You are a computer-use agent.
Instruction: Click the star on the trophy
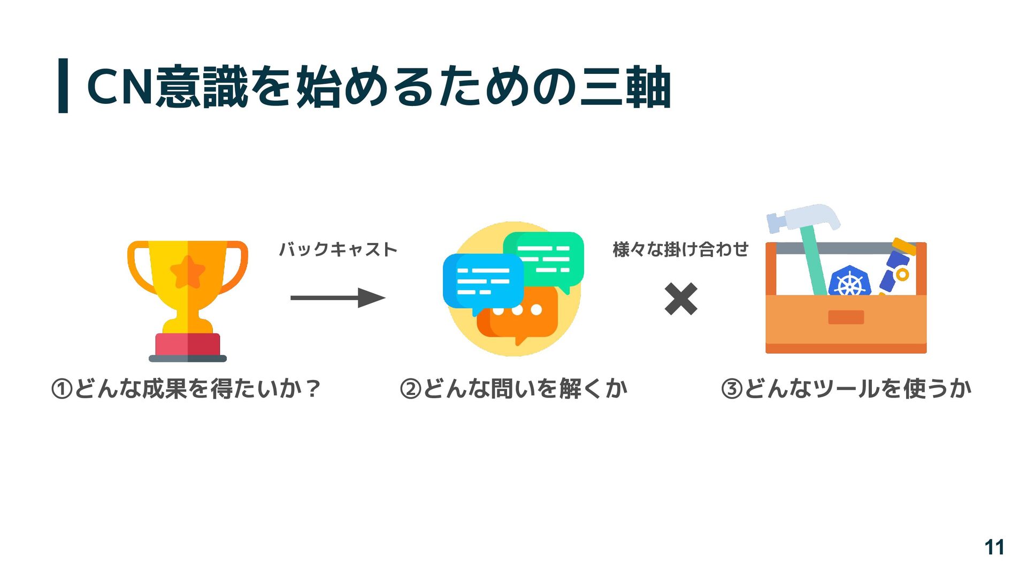point(187,272)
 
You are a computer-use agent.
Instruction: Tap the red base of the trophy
point(187,344)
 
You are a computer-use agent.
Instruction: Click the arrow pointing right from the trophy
point(338,298)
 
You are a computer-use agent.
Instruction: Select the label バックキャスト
point(338,249)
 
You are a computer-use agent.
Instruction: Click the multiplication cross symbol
point(680,299)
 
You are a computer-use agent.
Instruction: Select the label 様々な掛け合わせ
point(680,249)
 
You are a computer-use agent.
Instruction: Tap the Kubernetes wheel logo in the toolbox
point(849,282)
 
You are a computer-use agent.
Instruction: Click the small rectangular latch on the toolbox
point(846,317)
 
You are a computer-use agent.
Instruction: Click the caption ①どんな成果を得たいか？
point(186,388)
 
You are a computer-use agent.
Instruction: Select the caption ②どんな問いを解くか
point(513,388)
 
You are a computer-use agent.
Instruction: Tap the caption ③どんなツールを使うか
point(846,388)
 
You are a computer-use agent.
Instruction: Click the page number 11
point(994,547)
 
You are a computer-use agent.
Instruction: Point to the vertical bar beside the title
point(63,86)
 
